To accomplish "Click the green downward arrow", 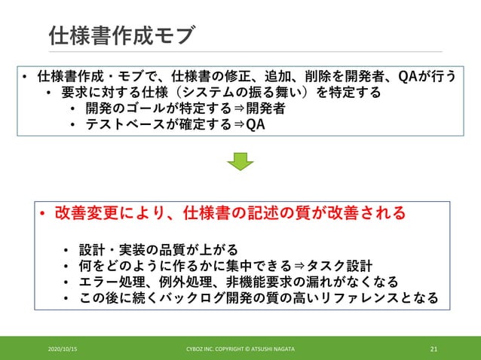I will point(240,160).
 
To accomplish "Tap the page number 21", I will point(434,349).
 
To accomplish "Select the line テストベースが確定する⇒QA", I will point(175,124).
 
